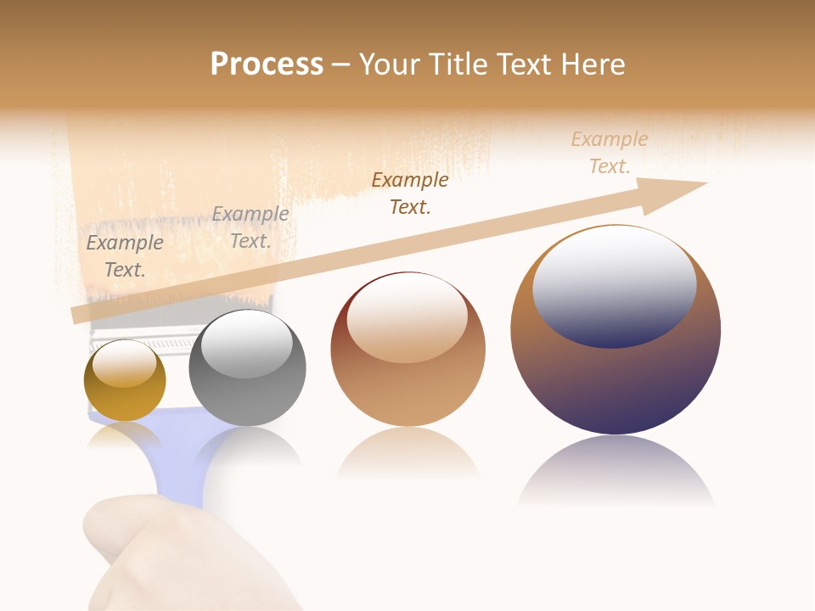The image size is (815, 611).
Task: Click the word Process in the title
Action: pyautogui.click(x=267, y=64)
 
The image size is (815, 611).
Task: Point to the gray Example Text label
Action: pyautogui.click(x=250, y=227)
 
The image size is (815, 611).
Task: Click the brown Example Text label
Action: pyautogui.click(x=410, y=193)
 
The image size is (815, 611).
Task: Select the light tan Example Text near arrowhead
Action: pyautogui.click(x=610, y=153)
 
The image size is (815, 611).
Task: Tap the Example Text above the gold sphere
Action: pyautogui.click(x=125, y=256)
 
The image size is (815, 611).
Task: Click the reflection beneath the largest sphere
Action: pyautogui.click(x=615, y=471)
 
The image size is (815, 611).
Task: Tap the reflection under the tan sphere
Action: pyautogui.click(x=407, y=454)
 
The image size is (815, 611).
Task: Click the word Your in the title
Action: pyautogui.click(x=391, y=64)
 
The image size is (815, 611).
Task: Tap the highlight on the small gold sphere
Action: pyautogui.click(x=124, y=362)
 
